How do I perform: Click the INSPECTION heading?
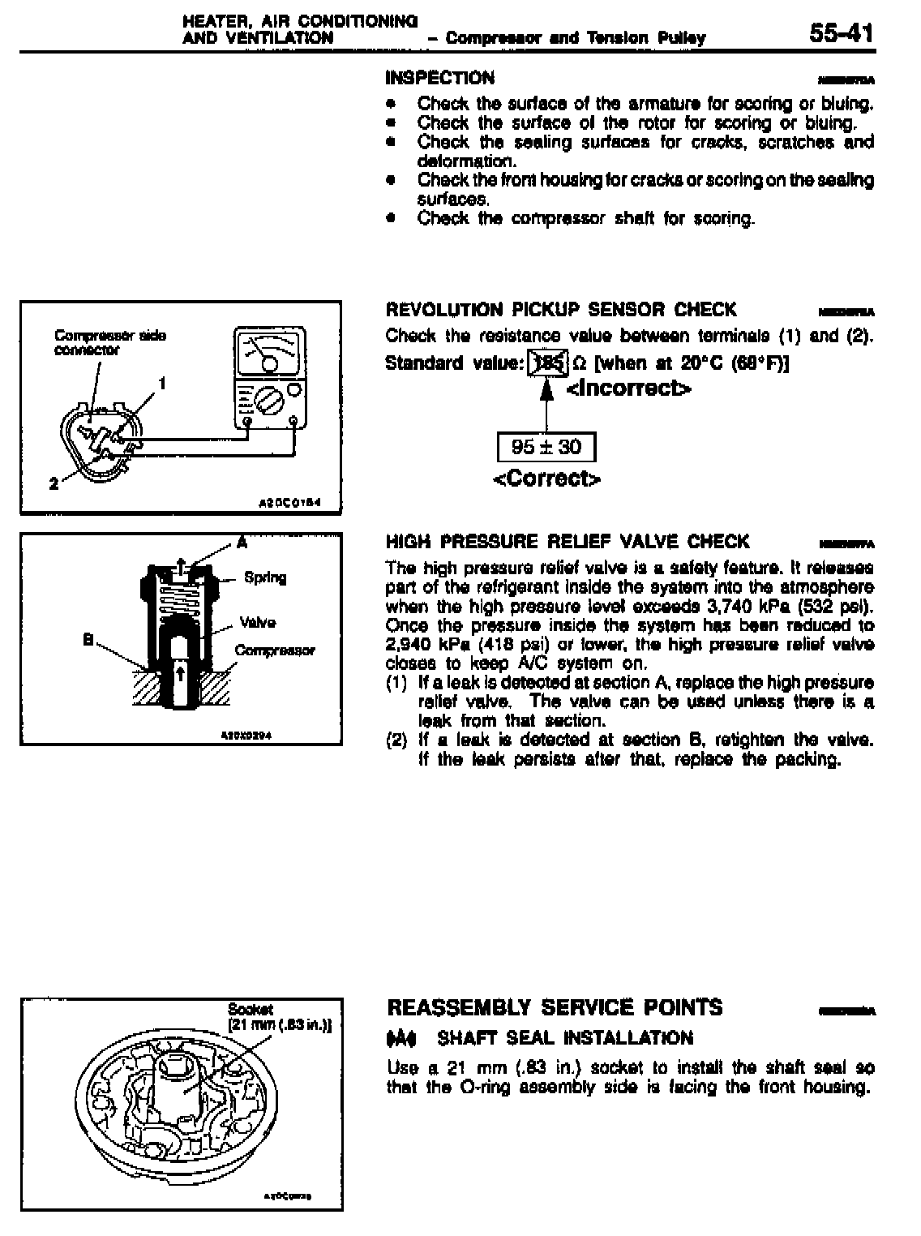(x=439, y=78)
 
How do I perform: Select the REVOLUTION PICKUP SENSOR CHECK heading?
(x=561, y=309)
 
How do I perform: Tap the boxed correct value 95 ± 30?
(x=546, y=447)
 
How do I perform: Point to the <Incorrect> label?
(x=629, y=389)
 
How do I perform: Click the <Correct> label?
(x=547, y=479)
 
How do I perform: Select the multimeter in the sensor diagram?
(x=270, y=377)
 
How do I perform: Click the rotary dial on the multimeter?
(x=267, y=399)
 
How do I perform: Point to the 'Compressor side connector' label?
(x=110, y=342)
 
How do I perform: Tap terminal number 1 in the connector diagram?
(x=162, y=382)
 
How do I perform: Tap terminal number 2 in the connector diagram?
(x=54, y=483)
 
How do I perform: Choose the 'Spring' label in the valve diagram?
(x=265, y=577)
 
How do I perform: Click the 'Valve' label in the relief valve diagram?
(x=258, y=622)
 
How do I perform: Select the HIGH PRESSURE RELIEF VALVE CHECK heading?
(x=568, y=541)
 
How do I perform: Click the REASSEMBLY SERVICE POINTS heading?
(x=555, y=1007)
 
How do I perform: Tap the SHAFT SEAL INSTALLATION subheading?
(x=564, y=1038)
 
